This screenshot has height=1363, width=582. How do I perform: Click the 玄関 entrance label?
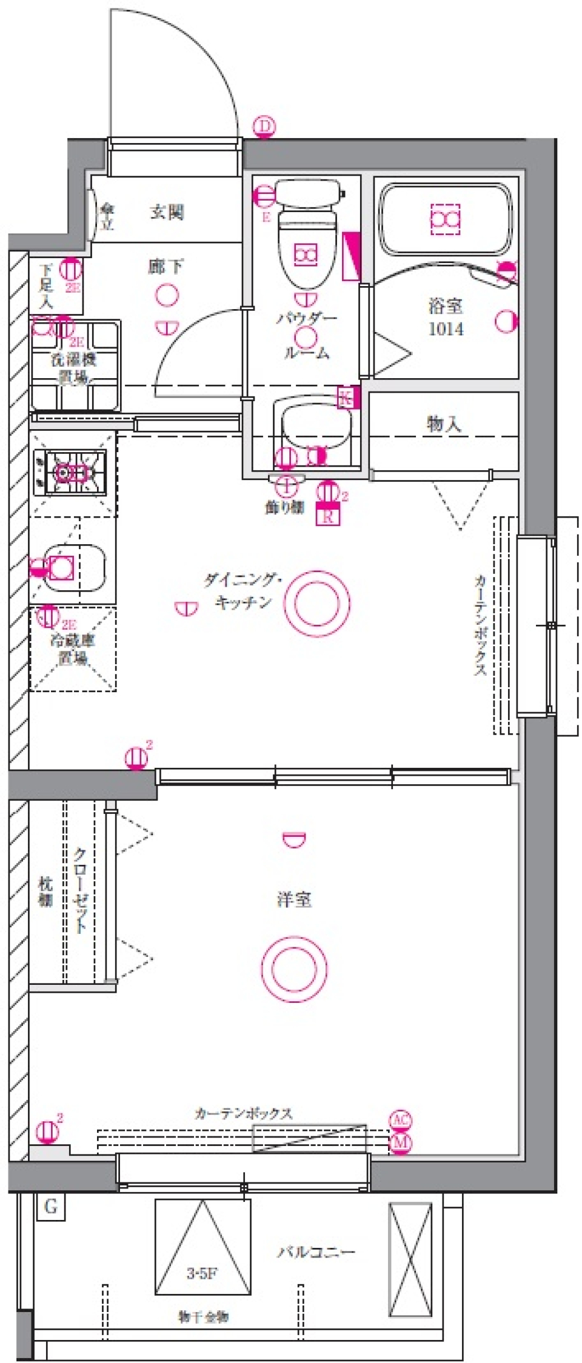(167, 212)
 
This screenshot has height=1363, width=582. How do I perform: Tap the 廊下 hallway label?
(166, 266)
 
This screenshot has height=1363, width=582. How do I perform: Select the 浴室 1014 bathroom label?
(446, 317)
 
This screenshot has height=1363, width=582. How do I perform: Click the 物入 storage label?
(444, 424)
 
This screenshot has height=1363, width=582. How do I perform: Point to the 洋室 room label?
(294, 899)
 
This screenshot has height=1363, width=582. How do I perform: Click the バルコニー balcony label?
(316, 1251)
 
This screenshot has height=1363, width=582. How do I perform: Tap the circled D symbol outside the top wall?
(264, 127)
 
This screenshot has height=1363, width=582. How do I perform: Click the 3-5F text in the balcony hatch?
(201, 1273)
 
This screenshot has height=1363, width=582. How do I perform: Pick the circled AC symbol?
(400, 1120)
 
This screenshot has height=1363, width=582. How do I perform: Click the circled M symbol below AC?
(400, 1142)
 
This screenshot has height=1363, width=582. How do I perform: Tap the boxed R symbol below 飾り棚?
(328, 517)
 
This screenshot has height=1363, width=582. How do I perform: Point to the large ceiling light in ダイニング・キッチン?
(317, 602)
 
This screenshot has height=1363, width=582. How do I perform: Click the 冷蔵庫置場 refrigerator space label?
(73, 648)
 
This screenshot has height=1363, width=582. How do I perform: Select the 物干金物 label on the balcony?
(203, 1317)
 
